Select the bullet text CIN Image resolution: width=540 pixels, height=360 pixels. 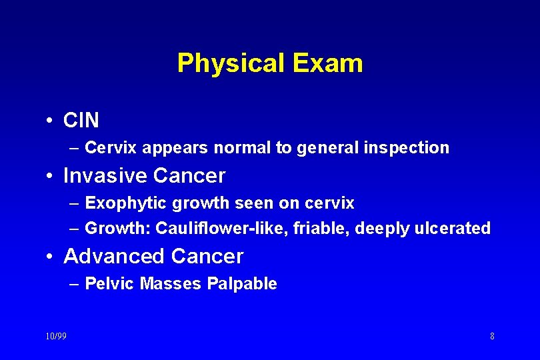click(81, 121)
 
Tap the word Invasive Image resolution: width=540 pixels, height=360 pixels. click(105, 176)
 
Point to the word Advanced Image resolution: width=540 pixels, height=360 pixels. click(114, 256)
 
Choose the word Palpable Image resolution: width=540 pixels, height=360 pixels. click(242, 284)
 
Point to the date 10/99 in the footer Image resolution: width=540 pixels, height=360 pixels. click(56, 336)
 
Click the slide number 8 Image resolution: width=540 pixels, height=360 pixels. click(492, 336)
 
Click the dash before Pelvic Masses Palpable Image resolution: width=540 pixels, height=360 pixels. click(74, 284)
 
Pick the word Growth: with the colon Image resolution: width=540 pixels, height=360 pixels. click(118, 229)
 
